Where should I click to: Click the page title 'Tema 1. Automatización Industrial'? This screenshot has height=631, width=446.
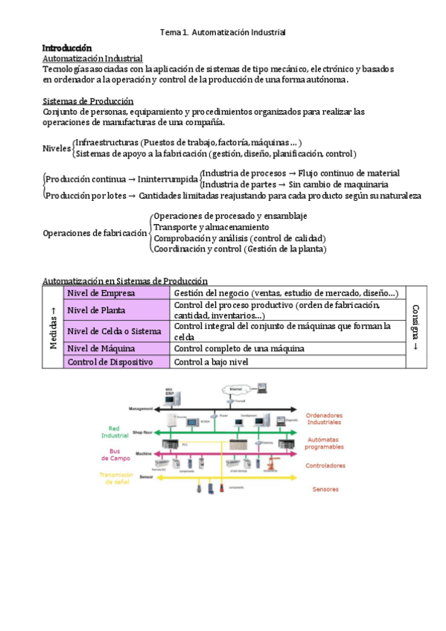click(223, 33)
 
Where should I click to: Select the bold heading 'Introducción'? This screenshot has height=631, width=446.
click(66, 48)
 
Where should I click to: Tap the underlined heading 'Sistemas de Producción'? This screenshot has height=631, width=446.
click(88, 100)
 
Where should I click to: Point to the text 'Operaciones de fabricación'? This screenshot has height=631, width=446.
click(95, 233)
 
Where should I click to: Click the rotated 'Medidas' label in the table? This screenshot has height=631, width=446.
click(53, 328)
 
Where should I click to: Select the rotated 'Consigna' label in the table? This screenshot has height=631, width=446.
click(415, 327)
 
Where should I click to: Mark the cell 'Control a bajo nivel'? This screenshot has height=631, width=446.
click(211, 362)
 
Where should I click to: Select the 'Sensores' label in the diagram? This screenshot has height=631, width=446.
click(325, 489)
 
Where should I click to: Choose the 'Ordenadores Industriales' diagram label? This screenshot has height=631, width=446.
click(326, 418)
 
